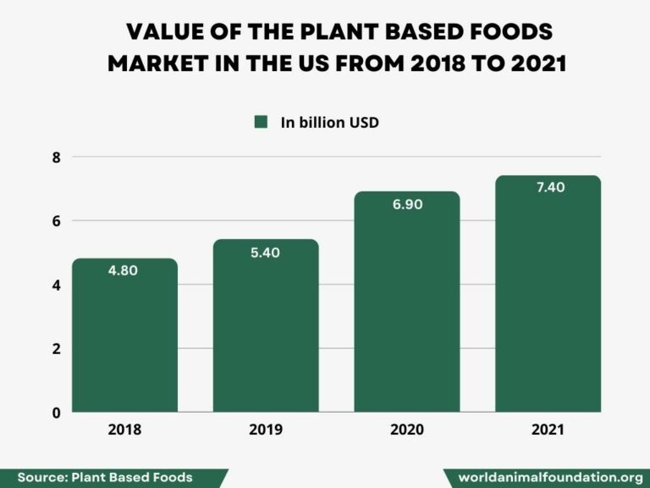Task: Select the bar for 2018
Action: (124, 339)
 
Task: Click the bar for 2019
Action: (266, 330)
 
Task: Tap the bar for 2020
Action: (407, 305)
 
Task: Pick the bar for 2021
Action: (548, 297)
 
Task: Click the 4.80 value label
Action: (124, 271)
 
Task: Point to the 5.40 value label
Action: (266, 252)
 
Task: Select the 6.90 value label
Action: (407, 204)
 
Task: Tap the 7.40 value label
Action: (548, 187)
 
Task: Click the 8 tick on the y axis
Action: (56, 157)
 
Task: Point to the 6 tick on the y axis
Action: (56, 221)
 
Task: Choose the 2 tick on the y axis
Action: (56, 349)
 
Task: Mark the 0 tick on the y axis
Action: (56, 413)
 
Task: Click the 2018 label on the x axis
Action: (124, 430)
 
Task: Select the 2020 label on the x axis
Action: (407, 430)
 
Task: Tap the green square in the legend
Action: (261, 122)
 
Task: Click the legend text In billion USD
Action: (329, 122)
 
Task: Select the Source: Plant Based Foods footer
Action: (105, 477)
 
